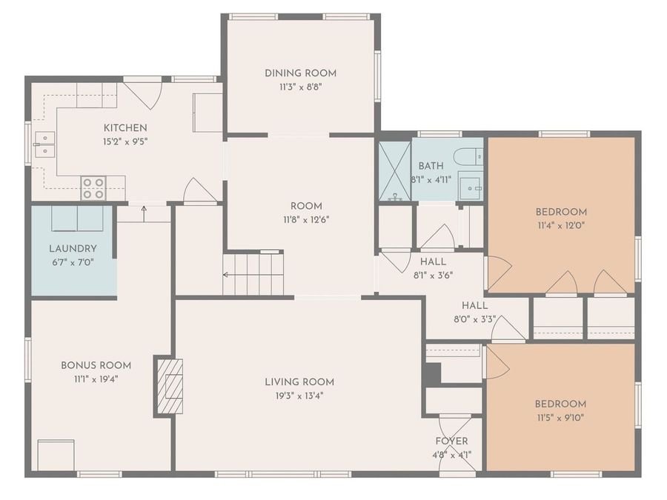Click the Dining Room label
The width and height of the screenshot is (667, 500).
click(300, 73)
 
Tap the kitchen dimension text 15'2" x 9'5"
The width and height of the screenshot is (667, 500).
click(125, 141)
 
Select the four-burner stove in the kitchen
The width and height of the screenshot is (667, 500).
click(93, 188)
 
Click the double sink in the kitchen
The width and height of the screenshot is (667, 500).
click(44, 144)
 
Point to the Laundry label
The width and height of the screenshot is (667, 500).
click(73, 248)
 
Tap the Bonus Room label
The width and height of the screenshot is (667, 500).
click(96, 365)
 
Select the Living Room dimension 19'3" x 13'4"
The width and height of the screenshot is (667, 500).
click(299, 396)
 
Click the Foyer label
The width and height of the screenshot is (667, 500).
click(452, 441)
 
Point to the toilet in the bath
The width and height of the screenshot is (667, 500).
click(468, 157)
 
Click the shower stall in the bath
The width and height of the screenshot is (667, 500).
click(395, 171)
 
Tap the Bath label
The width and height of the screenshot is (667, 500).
click(431, 166)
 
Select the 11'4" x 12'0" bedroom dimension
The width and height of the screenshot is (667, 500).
click(561, 225)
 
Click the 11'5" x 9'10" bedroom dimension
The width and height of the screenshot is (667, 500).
click(560, 418)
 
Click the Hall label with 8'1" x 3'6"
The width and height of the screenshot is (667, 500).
click(433, 261)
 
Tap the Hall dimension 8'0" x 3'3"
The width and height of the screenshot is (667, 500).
click(475, 319)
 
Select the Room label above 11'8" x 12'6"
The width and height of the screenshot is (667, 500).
click(306, 206)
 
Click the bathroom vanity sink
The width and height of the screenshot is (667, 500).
click(471, 187)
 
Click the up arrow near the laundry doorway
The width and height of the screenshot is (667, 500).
click(145, 214)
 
